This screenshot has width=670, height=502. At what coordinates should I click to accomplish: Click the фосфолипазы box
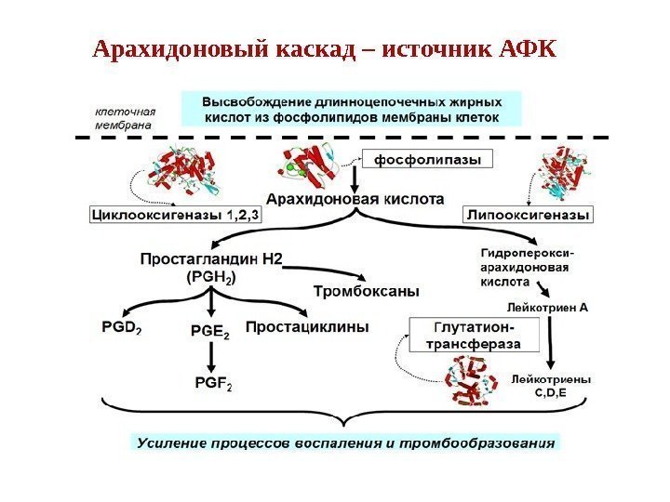[x=427, y=159]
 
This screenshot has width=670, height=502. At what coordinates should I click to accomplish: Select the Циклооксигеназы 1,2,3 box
[x=176, y=215]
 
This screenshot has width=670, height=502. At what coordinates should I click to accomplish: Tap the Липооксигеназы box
[x=528, y=215]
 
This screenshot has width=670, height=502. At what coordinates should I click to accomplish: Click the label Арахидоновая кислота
[x=355, y=198]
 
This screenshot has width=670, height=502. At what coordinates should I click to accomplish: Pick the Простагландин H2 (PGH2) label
[x=211, y=267]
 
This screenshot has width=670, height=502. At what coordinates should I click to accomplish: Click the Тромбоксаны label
[x=366, y=291]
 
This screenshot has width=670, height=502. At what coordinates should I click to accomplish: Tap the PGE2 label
[x=211, y=327]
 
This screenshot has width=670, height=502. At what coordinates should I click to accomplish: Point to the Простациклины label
[x=307, y=326]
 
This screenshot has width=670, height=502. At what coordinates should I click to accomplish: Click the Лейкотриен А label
[x=547, y=305]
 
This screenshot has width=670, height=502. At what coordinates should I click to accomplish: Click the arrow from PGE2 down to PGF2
[x=212, y=353]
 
